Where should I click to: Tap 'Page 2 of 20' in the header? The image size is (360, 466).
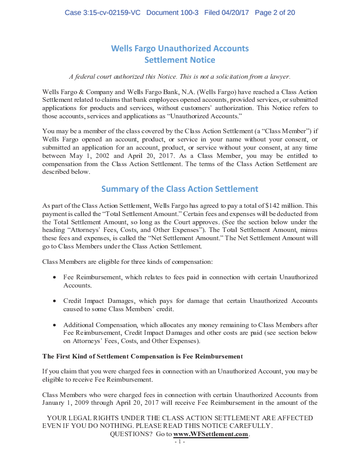pos(275,12)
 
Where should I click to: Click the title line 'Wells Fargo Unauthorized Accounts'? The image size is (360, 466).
pos(179,48)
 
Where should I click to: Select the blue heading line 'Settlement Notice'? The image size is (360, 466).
pos(179,60)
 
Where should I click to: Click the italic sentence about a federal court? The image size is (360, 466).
pos(179,77)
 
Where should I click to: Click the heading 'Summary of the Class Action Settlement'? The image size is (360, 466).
pos(179,189)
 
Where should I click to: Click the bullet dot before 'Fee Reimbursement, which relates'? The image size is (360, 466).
pos(55,278)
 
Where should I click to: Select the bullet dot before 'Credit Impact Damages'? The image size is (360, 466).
pos(55,301)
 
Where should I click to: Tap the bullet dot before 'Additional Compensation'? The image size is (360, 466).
pos(55,325)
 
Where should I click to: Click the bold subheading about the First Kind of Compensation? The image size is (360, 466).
pos(142,356)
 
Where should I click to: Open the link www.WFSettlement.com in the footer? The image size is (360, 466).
pos(210,435)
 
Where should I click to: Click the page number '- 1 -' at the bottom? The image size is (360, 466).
pos(179,442)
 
